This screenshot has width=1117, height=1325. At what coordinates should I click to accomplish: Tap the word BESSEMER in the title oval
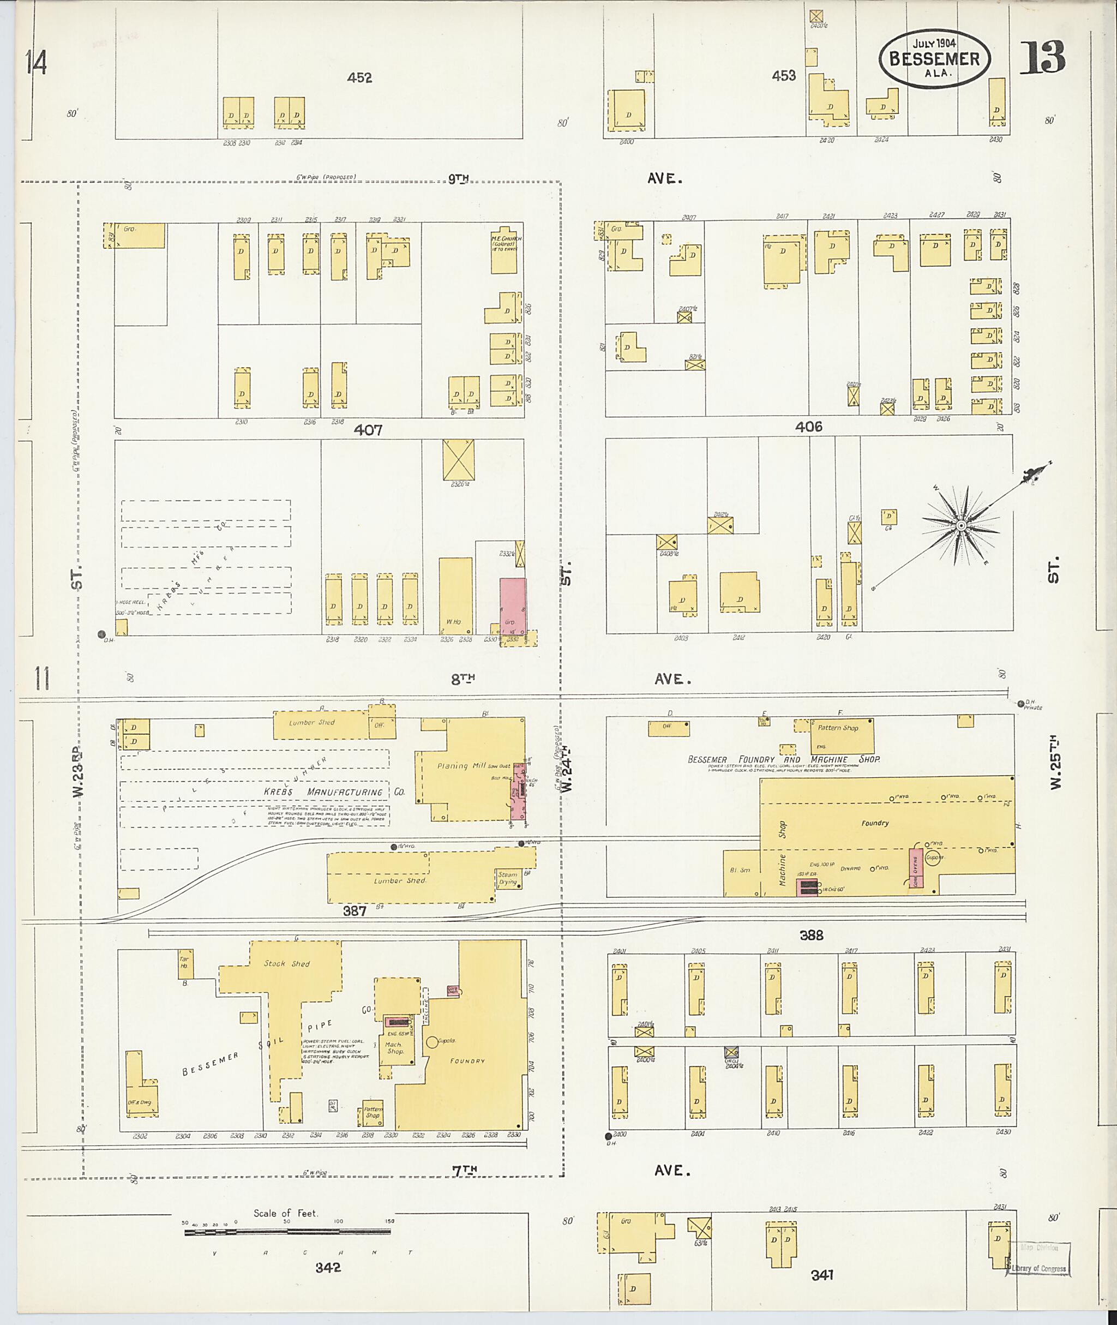pyautogui.click(x=934, y=59)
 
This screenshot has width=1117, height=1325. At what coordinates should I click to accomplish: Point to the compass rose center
pyautogui.click(x=960, y=526)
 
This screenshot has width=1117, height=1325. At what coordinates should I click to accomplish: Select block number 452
pyautogui.click(x=359, y=78)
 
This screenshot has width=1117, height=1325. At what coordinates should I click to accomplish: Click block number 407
pyautogui.click(x=368, y=430)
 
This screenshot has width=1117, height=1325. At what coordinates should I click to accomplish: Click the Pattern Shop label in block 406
pyautogui.click(x=838, y=728)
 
